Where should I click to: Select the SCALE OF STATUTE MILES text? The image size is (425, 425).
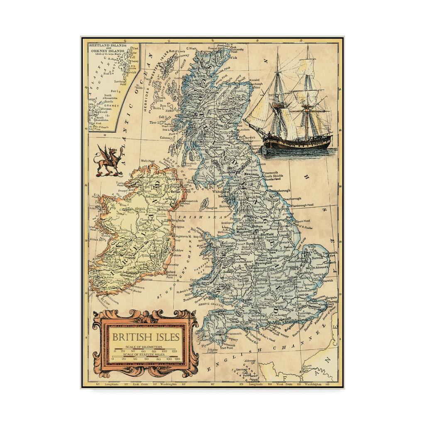144,355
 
